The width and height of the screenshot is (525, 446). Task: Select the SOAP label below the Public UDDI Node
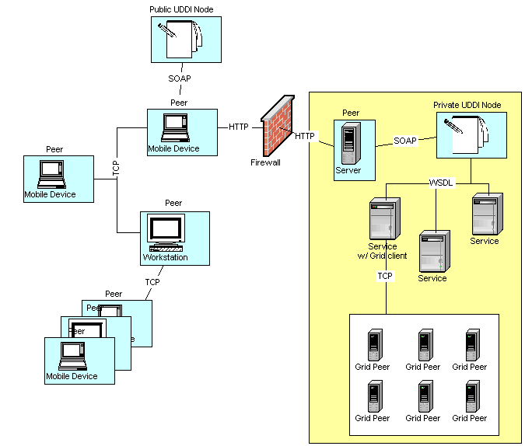point(180,78)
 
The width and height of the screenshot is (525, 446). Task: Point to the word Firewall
point(265,162)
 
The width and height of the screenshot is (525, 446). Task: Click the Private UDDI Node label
point(467,105)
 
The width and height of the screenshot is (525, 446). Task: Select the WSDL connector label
point(441,183)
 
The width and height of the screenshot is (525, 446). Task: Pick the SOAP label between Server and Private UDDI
point(405,141)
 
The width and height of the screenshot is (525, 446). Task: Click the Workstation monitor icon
point(166,230)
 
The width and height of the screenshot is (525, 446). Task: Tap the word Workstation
point(165,257)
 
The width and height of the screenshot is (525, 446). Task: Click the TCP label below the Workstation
point(152,282)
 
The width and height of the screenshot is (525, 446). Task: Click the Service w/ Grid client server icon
point(384,219)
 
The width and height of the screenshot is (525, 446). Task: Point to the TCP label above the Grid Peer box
point(385,276)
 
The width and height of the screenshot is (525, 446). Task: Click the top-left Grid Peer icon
point(376,344)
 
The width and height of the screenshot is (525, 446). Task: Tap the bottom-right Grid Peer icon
point(471,395)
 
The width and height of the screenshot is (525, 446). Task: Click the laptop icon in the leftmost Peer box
point(51,172)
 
